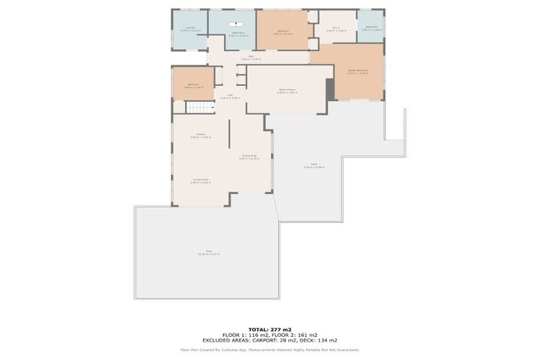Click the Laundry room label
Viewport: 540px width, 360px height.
point(191,30)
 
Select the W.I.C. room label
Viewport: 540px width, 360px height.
point(337,30)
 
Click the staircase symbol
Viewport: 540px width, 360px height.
point(198,108)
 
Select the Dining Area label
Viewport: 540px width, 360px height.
point(249,157)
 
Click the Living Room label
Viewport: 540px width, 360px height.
point(200,181)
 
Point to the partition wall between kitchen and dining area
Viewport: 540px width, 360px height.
point(229,143)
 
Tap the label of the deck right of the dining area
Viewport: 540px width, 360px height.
point(314,166)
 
